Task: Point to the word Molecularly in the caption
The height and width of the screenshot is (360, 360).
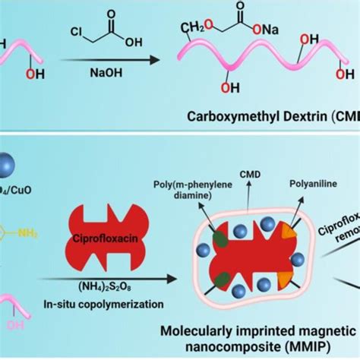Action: click(203, 330)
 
